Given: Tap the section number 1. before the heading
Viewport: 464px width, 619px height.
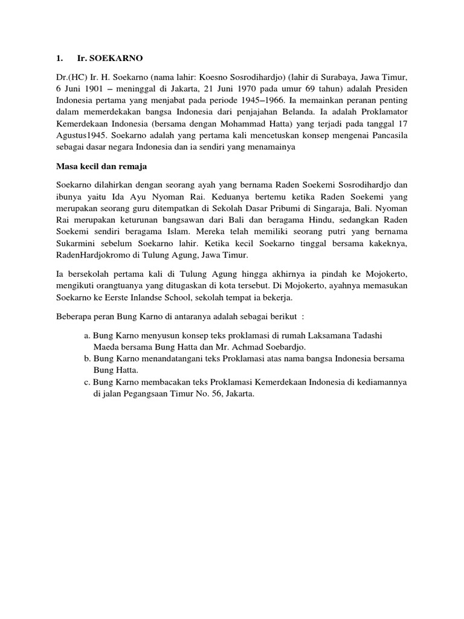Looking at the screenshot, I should (59, 58).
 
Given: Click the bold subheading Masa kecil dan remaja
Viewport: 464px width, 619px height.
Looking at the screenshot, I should (98, 166).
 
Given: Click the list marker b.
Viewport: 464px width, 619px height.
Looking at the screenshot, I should (88, 359).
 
